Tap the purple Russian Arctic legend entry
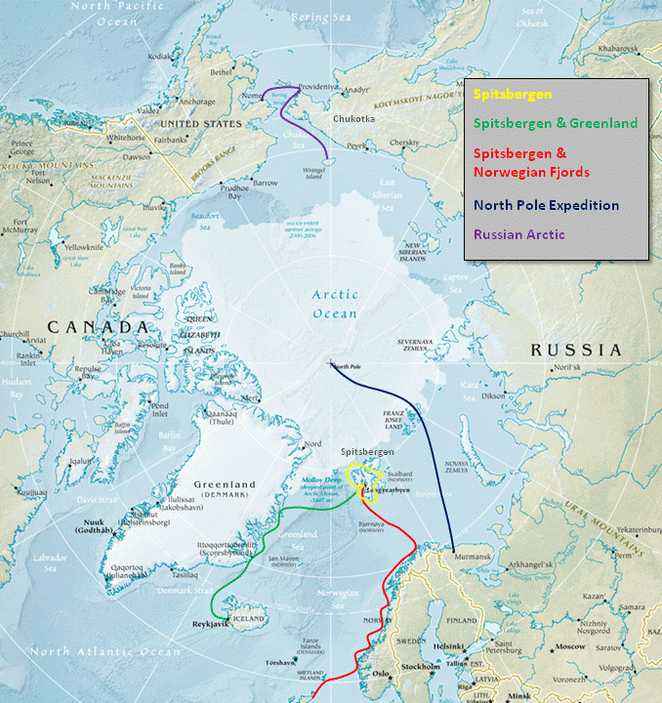pos(519,234)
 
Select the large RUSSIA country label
pos(575,350)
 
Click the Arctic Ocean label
pos(334,304)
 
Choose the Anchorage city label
pos(196,102)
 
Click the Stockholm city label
pos(418,668)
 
